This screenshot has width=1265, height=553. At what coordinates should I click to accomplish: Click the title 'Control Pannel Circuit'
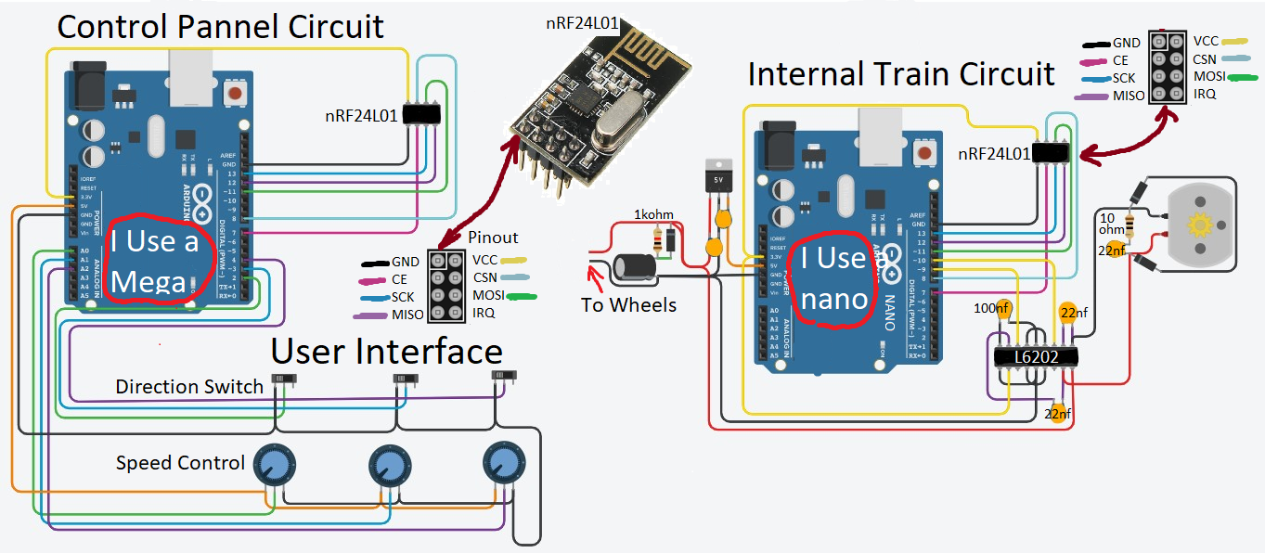coord(221,26)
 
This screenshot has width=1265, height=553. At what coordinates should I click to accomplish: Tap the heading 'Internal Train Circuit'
coord(900,73)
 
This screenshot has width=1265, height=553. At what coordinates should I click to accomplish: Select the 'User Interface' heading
coord(386,352)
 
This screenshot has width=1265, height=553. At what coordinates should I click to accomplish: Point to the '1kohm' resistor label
coord(653,215)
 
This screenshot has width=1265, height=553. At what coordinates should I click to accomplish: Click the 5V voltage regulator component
coord(717,180)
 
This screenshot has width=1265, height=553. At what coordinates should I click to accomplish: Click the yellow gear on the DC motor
coord(1200,225)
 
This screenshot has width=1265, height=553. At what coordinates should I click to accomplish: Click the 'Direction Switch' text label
coord(189,387)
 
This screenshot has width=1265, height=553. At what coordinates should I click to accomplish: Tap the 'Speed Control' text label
coord(180,462)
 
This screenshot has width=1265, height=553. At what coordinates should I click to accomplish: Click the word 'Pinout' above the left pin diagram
coord(493,238)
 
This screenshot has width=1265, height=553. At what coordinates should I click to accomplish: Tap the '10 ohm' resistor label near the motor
coord(1109,224)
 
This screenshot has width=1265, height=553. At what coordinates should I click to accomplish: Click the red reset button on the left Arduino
coord(237,94)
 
